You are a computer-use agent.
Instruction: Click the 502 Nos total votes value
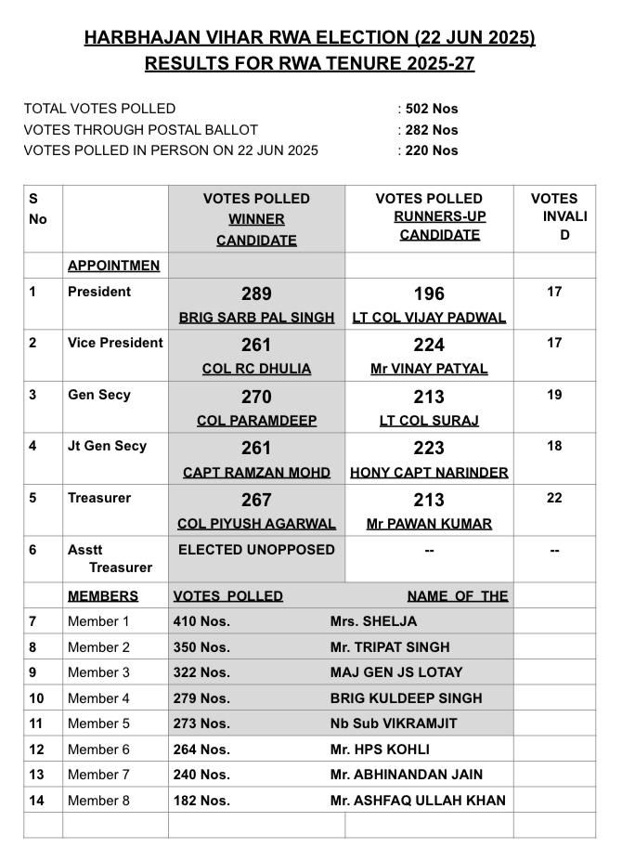pos(432,109)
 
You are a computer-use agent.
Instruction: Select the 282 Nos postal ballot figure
pos(432,130)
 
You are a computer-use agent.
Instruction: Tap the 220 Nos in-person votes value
pos(432,150)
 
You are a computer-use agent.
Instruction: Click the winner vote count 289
pos(256,294)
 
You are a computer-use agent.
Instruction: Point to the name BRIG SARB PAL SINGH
pos(256,318)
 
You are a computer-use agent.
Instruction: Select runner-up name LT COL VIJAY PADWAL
pos(429,318)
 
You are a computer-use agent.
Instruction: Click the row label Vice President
pos(115,343)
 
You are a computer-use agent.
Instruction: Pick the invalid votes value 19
pos(554,395)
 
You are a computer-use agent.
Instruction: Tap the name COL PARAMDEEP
pos(256,421)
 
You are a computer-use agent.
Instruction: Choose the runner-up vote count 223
pos(429,449)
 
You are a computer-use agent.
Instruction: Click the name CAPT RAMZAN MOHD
pos(256,473)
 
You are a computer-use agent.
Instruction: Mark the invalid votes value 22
pos(554,498)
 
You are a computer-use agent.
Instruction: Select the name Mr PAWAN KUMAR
pos(429,524)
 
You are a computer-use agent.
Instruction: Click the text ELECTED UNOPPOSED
pos(256,550)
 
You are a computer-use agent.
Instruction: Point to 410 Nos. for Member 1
pos(201,621)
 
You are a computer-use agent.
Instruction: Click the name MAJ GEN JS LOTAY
pos(395,672)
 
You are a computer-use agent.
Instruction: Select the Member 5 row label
pos(98,724)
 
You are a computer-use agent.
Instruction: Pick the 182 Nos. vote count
pos(201,801)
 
